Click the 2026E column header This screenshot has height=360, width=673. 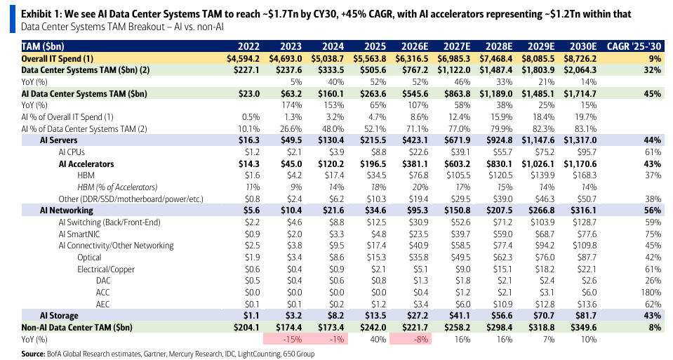click(415, 46)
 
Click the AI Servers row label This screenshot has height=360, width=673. click(59, 140)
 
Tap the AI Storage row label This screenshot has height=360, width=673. click(59, 316)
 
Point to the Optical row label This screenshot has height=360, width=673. click(89, 258)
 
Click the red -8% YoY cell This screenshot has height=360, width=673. click(411, 340)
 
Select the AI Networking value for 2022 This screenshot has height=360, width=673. click(249, 211)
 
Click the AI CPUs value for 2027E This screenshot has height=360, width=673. click(461, 152)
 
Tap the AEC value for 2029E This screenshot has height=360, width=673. click(545, 305)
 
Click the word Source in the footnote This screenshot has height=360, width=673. click(33, 354)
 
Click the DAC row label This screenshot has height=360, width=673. click(103, 281)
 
